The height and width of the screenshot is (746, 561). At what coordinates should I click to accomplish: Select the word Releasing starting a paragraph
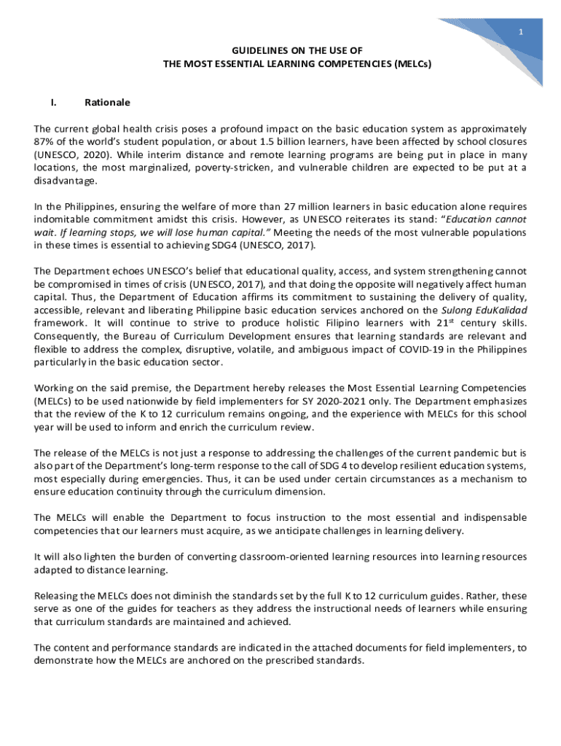point(57,595)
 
